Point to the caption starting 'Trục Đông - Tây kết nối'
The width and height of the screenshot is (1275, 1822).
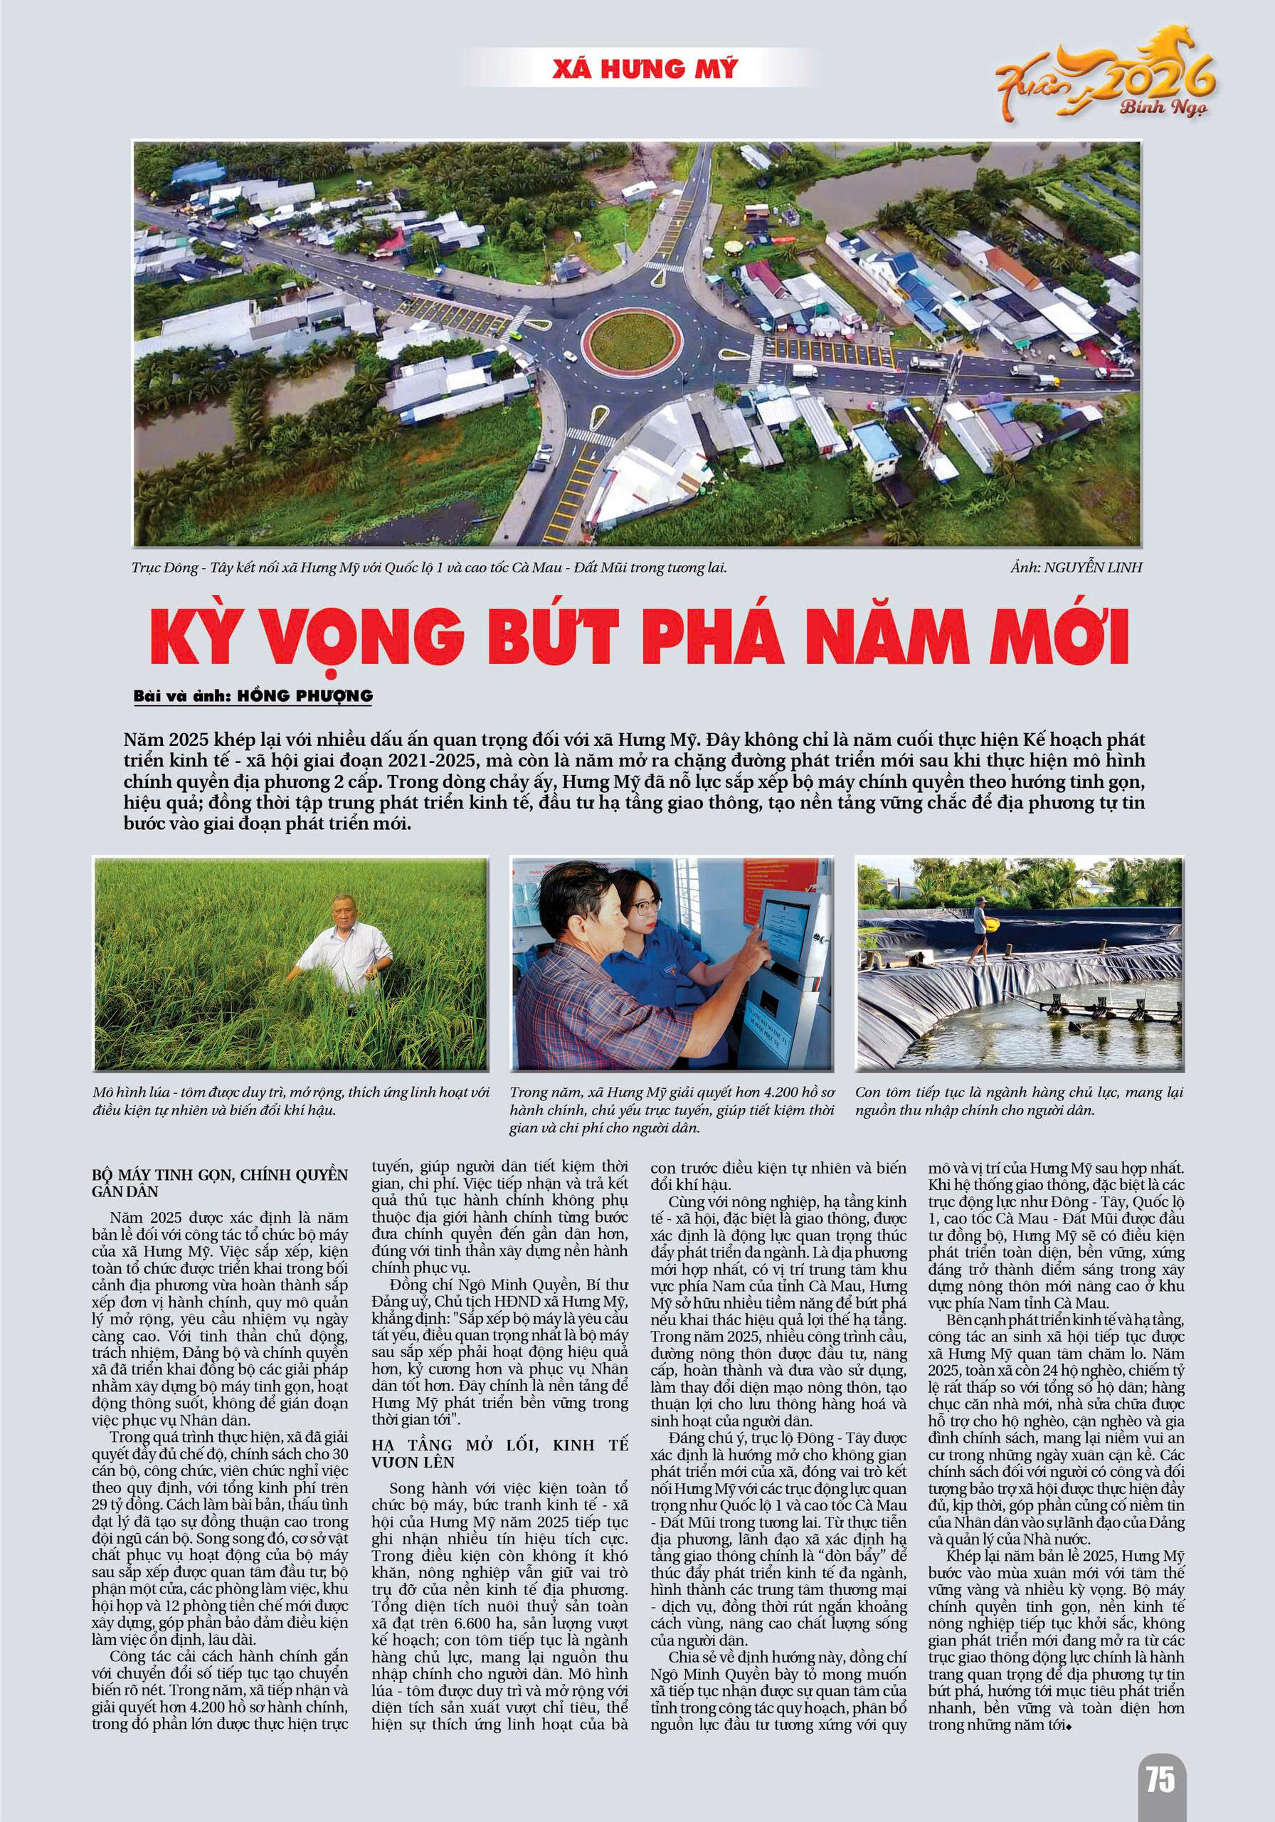429,567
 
